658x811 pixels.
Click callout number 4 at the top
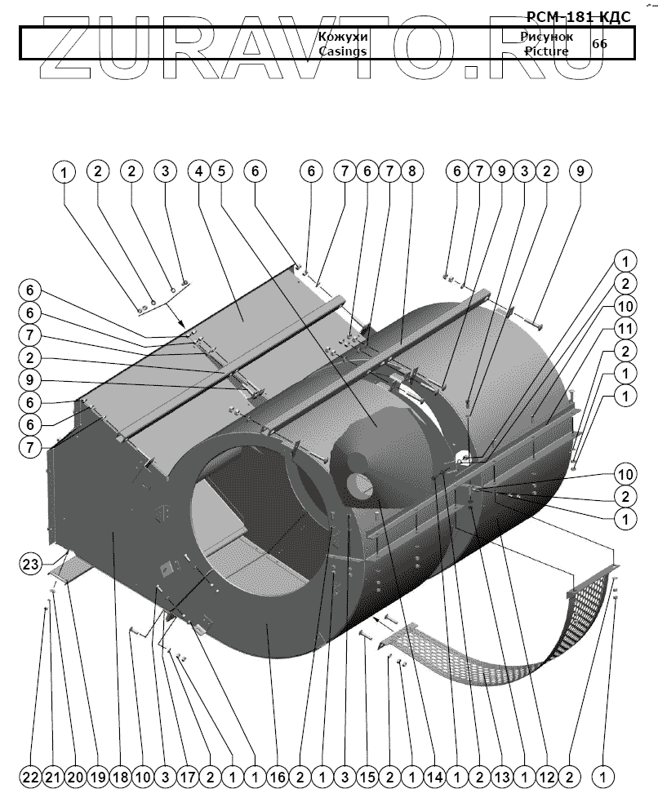click(x=198, y=171)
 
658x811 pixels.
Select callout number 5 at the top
click(x=220, y=171)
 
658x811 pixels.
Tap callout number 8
click(x=411, y=171)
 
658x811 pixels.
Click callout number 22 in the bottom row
click(x=30, y=778)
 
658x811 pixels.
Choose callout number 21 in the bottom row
click(x=53, y=778)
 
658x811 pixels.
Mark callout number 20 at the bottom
click(x=75, y=778)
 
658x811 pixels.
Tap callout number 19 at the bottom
click(x=98, y=778)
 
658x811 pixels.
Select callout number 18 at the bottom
click(x=121, y=778)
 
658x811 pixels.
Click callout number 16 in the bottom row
click(x=278, y=778)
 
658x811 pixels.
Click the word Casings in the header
click(x=343, y=51)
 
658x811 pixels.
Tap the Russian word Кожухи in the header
click(x=343, y=38)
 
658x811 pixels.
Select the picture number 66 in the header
click(x=599, y=44)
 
